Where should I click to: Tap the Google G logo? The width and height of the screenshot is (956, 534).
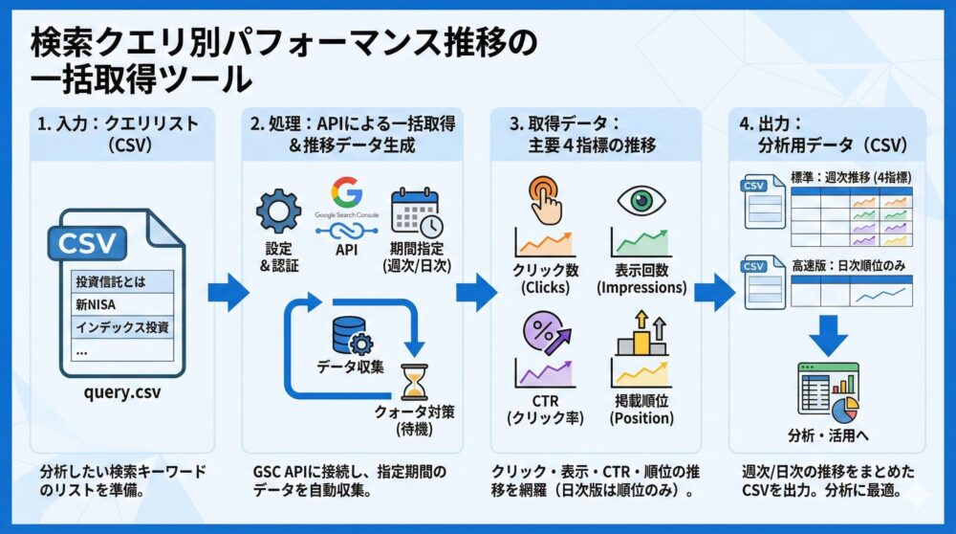(x=345, y=194)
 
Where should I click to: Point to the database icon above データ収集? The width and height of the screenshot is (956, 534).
(x=345, y=335)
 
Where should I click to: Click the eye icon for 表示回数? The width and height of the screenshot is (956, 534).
(x=641, y=201)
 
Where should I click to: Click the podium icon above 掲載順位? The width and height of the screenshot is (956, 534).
(x=641, y=334)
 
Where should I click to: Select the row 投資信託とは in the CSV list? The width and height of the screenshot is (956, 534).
(x=113, y=281)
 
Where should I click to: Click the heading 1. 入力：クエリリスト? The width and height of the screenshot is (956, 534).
(x=121, y=123)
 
